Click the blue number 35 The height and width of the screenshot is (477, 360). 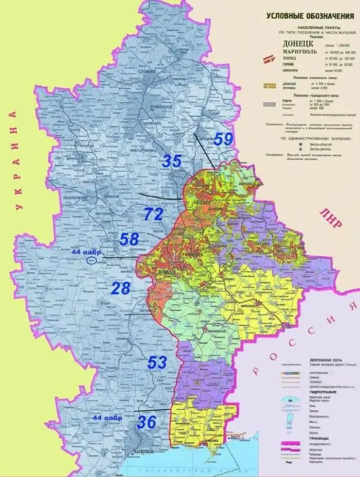172,161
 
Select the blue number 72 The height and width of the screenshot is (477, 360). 153,213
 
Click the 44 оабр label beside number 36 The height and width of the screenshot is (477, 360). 108,418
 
